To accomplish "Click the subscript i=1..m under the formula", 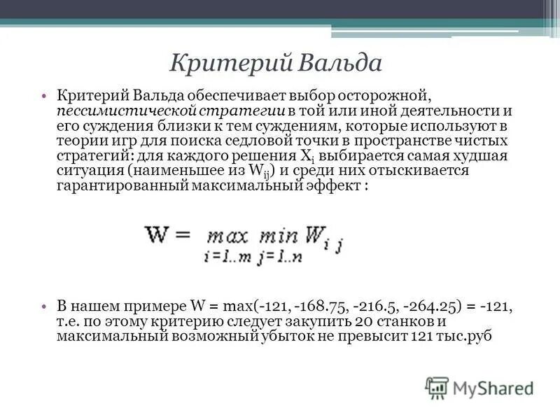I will click(x=225, y=257).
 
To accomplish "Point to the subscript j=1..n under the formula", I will click(x=279, y=257).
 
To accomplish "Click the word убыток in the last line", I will click(x=305, y=337).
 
